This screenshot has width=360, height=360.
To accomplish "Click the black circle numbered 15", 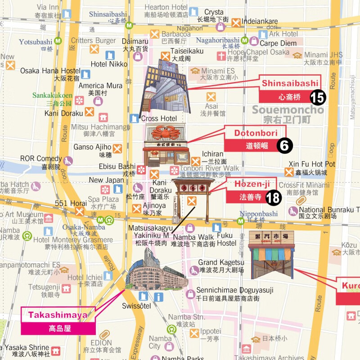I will (318, 97).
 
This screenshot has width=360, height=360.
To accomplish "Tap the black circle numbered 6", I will (284, 145).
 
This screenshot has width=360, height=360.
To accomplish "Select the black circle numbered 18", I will (273, 197).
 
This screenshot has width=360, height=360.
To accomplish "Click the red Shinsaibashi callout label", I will (290, 83).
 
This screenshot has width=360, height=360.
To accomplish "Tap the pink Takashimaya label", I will (58, 315).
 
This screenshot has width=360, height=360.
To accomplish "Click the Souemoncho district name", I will (288, 110).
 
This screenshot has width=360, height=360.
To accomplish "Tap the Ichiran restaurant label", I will (212, 154).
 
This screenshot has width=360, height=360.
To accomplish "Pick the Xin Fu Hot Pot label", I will (311, 164).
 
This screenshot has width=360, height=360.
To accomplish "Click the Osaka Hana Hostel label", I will (50, 71).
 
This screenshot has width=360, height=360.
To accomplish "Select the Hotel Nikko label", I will (109, 64).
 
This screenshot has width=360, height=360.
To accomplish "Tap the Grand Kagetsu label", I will (221, 263).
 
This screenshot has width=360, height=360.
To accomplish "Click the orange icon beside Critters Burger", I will (94, 49).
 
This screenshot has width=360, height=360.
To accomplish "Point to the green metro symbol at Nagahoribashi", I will (244, 40).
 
